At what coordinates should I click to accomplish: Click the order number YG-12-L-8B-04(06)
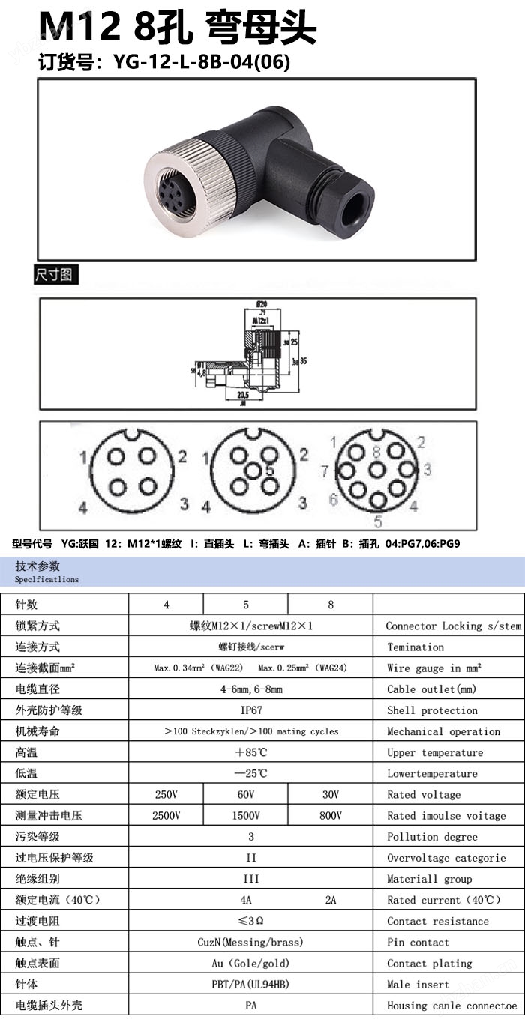coord(201,62)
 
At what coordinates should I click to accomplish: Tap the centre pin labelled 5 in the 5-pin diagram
coord(254,470)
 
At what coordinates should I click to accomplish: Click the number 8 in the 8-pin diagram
coord(376,451)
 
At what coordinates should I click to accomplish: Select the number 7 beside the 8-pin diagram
coord(325,471)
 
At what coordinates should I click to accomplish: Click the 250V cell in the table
coord(166,795)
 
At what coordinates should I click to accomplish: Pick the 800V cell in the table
coord(330,816)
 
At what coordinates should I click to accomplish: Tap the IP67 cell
coord(250,710)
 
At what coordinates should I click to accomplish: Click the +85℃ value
coord(250,752)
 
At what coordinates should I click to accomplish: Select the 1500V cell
coord(245,816)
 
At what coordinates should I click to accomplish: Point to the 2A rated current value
coord(330,900)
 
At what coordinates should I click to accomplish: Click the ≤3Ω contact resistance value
coord(250,921)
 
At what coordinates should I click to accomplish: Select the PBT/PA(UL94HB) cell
coord(250,985)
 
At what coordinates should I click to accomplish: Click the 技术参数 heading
coord(37,566)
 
